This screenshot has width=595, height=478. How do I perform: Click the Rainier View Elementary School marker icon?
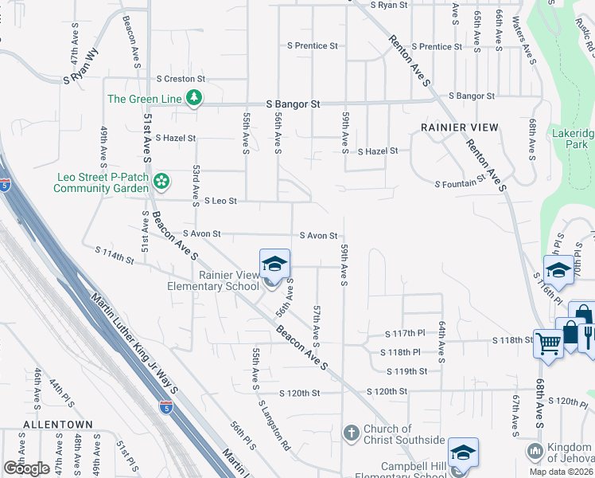click(273, 264)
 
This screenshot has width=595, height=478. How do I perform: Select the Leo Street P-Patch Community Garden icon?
click(161, 182)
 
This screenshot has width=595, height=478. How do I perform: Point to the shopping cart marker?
click(549, 343)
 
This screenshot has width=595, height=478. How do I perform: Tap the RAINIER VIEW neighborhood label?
click(460, 127)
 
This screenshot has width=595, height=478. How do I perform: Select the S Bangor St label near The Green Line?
click(293, 104)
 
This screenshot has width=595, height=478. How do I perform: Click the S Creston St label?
click(181, 79)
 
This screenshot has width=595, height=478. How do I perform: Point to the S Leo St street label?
click(220, 202)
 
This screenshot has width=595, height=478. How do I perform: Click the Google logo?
click(26, 468)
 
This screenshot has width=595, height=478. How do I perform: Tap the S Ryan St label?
click(389, 5)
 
